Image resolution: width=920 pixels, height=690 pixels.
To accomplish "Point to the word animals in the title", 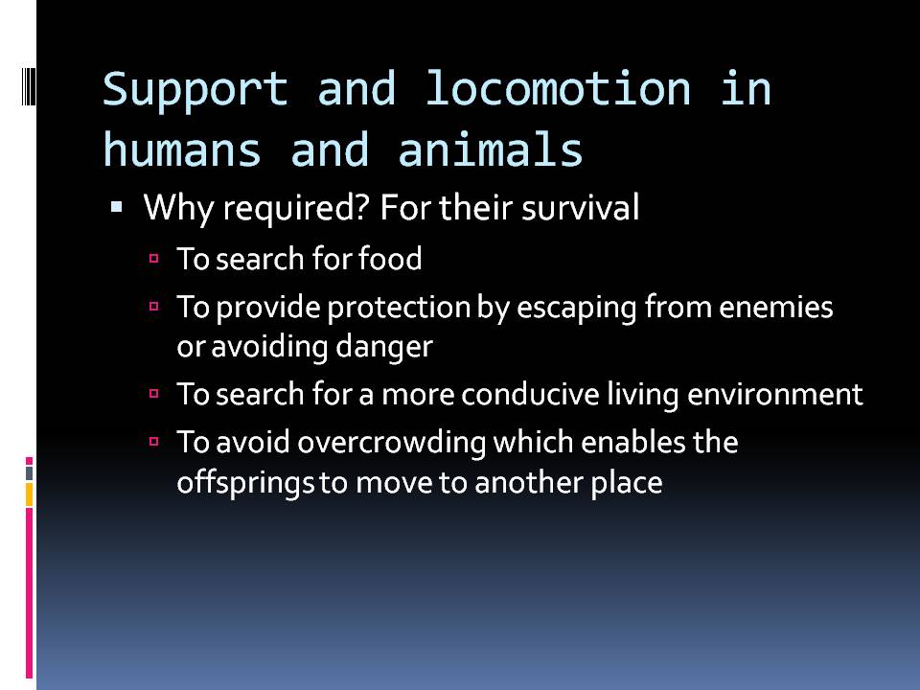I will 502,150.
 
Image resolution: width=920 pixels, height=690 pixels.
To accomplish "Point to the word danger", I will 388,348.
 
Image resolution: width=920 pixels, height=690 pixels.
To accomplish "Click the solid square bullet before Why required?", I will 117,207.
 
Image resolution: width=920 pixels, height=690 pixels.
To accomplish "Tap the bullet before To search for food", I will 154,259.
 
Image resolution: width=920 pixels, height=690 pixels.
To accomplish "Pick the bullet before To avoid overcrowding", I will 154,442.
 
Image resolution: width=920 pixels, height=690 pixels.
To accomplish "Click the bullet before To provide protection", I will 154,308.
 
